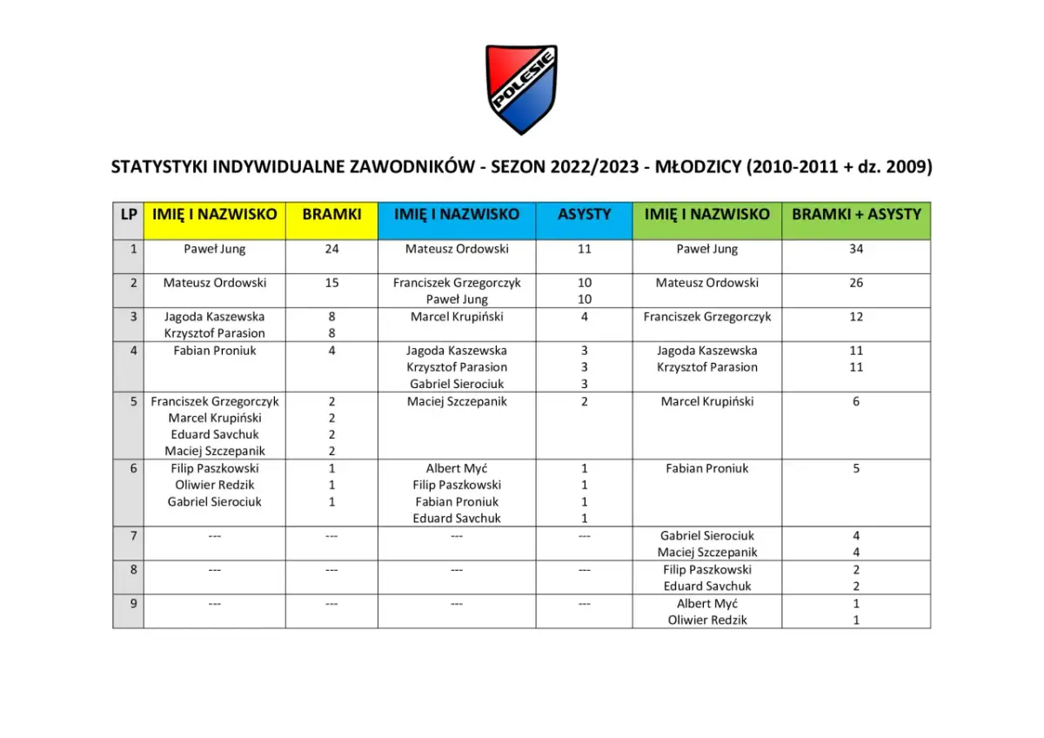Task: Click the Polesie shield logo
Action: point(521,89)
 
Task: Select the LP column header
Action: point(128,214)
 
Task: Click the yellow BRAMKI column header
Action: point(331,214)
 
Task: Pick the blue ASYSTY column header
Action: point(584,214)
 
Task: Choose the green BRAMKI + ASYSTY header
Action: point(855,214)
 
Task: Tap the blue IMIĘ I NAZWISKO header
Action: point(457,214)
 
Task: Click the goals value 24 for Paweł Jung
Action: point(331,249)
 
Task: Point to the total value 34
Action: point(856,249)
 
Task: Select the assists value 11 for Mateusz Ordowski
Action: point(584,249)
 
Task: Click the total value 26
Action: point(856,283)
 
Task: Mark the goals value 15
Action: point(331,283)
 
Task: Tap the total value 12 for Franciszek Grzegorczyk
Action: point(856,317)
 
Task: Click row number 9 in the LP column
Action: point(133,603)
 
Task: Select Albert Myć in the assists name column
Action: point(457,468)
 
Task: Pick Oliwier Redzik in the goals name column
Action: point(215,485)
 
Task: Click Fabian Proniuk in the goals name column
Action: point(215,351)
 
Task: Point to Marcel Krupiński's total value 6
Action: point(856,401)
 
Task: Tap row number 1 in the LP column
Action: point(133,249)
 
